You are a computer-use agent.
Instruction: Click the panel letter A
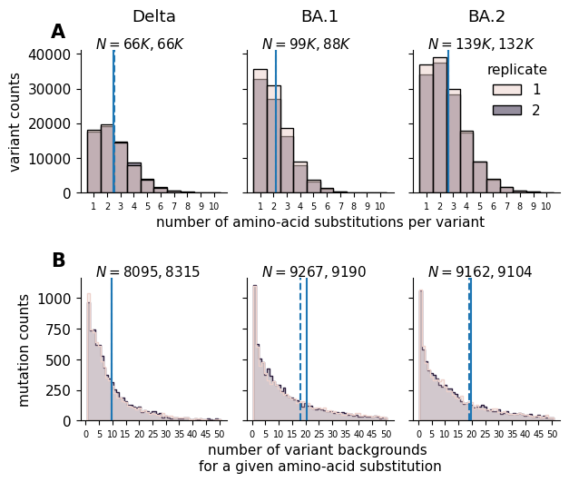58,32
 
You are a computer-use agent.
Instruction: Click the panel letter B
58,261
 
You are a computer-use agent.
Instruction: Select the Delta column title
154,16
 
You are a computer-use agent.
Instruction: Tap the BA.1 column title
319,16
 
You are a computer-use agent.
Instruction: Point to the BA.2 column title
486,16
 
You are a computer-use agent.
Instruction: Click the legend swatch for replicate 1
506,89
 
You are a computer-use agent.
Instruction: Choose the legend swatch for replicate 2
506,110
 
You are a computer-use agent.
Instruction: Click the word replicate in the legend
516,70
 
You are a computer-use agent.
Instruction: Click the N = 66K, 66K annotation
140,44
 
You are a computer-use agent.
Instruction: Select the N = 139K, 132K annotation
481,44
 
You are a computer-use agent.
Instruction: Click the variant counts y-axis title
15,123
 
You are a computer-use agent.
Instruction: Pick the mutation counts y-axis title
25,349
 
